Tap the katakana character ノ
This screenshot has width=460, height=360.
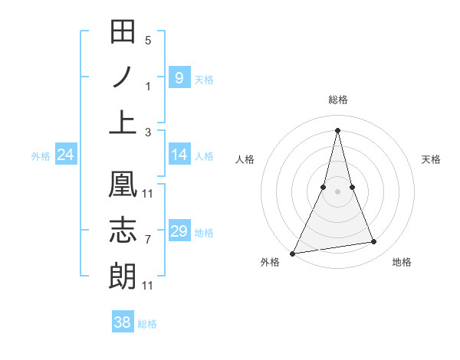(x=123, y=77)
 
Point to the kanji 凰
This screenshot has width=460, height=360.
(x=123, y=185)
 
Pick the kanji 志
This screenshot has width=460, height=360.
(x=123, y=231)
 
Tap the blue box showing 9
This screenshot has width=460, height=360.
(x=179, y=78)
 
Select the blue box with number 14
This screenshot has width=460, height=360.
(x=179, y=155)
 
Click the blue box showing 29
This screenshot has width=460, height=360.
(x=179, y=231)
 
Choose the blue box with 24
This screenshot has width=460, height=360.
(x=66, y=155)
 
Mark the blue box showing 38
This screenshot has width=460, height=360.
(x=123, y=322)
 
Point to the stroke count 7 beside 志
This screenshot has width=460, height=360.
(x=148, y=240)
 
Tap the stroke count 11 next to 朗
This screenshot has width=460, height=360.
(x=148, y=286)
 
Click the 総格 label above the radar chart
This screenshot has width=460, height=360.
(x=338, y=100)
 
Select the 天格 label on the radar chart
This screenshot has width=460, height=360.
(x=431, y=159)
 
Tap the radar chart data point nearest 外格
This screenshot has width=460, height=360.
(x=293, y=253)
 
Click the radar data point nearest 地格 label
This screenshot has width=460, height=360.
(x=374, y=242)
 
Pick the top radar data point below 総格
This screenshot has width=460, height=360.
(x=338, y=130)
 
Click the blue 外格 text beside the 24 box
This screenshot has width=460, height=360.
(x=40, y=156)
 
